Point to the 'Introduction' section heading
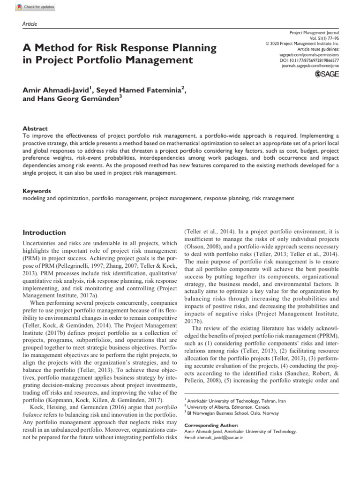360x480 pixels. click(x=45, y=232)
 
